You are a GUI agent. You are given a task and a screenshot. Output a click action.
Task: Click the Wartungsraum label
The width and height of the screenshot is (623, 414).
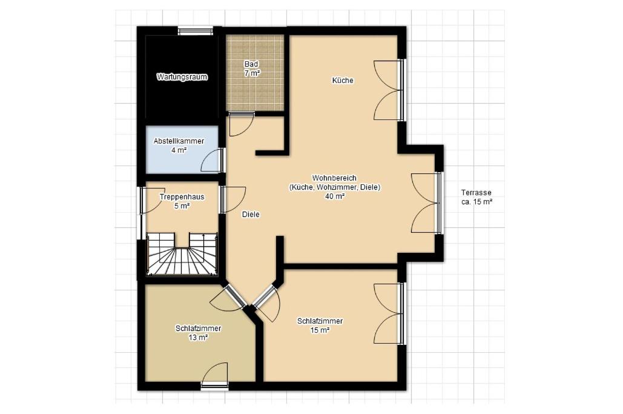pyautogui.click(x=182, y=77)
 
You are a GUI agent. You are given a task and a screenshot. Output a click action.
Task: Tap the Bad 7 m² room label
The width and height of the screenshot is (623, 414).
pyautogui.click(x=252, y=68)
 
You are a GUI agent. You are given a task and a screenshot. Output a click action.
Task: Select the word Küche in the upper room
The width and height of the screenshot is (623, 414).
pyautogui.click(x=343, y=81)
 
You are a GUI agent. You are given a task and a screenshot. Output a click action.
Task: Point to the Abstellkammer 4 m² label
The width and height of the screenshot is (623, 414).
pyautogui.click(x=179, y=145)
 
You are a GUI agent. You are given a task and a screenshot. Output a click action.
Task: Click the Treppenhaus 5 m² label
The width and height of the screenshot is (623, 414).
pyautogui.click(x=182, y=201)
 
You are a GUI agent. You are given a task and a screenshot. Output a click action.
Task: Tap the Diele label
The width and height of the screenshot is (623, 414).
pyautogui.click(x=251, y=215)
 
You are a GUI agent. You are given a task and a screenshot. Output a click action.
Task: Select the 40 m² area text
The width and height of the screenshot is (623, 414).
pyautogui.click(x=335, y=196)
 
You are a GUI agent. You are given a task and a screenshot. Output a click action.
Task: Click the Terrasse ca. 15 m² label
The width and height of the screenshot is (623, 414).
pyautogui.click(x=476, y=197)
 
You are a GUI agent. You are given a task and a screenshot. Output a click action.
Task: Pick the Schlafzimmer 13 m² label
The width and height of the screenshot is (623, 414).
pyautogui.click(x=198, y=333)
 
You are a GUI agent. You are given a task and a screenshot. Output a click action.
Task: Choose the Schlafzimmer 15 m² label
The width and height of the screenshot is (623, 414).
pyautogui.click(x=320, y=326)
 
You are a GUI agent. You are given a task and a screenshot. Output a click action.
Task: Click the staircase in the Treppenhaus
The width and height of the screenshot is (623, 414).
pyautogui.click(x=182, y=254)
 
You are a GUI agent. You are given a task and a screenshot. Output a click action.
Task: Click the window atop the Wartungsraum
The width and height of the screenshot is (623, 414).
pyautogui.click(x=195, y=31)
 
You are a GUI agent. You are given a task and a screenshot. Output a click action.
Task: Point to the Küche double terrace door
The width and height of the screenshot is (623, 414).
pyautogui.click(x=389, y=90)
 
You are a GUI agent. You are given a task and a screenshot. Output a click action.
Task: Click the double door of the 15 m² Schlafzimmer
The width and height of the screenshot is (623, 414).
pyautogui.click(x=389, y=313)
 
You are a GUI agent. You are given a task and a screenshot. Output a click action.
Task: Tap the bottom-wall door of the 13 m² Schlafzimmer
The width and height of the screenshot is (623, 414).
pyautogui.click(x=214, y=375)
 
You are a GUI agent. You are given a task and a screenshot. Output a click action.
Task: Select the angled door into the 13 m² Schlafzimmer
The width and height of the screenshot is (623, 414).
pyautogui.click(x=228, y=297)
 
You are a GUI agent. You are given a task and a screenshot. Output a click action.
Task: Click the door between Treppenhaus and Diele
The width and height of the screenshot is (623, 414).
pyautogui.click(x=233, y=199)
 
